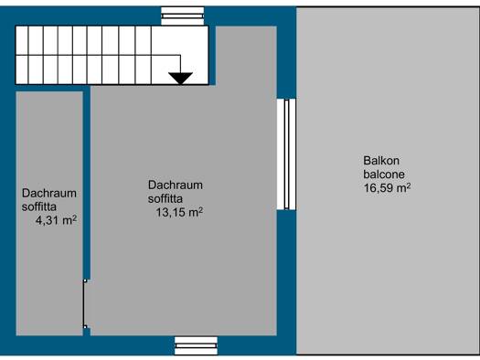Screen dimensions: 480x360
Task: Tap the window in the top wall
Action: pos(183,16)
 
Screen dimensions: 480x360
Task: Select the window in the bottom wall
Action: pos(196,345)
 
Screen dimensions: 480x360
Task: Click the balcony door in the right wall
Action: pos(286,154)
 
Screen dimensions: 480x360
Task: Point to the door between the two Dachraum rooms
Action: pos(84,303)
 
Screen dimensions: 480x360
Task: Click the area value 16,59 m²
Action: pos(387,188)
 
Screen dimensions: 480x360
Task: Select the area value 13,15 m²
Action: pos(179,212)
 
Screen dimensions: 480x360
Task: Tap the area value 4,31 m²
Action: pos(56,220)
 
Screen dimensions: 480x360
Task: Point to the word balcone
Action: pos(384,175)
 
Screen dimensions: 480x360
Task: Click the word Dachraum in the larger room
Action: pos(176,185)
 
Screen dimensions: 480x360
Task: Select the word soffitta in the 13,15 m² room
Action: pos(165,198)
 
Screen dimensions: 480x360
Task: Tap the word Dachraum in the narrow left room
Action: pos(49,194)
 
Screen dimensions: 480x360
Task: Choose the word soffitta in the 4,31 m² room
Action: pos(39,206)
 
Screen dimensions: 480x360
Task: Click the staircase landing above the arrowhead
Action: pos(180,40)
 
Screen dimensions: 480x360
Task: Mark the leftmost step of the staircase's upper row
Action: pos(22,41)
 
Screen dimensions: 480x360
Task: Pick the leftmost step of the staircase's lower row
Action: pos(22,69)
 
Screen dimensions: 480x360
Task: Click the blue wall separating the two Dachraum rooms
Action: pos(87,183)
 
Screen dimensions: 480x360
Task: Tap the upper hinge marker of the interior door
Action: pos(85,281)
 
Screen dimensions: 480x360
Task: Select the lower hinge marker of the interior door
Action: pos(85,327)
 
